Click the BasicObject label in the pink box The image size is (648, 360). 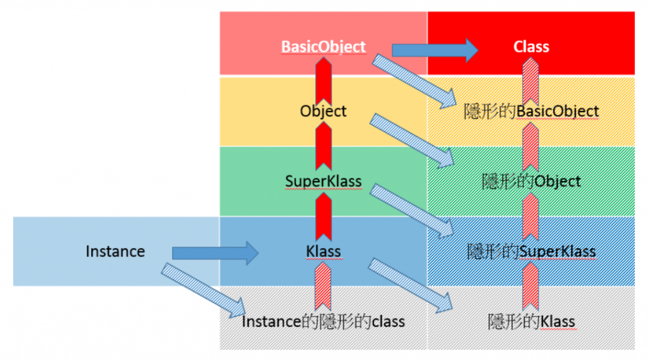[x=323, y=47]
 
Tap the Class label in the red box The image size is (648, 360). [x=531, y=47]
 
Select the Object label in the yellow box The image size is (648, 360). [x=323, y=111]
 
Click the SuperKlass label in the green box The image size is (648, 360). [x=323, y=181]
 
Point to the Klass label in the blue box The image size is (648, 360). [x=323, y=251]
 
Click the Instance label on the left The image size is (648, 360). [x=115, y=251]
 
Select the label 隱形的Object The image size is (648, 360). [x=531, y=182]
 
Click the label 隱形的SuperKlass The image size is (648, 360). [x=531, y=251]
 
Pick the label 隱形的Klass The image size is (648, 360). [x=531, y=321]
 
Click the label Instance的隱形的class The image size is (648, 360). [x=323, y=321]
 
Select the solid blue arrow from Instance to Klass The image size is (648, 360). [x=215, y=253]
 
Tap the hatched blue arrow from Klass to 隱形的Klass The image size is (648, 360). [x=411, y=284]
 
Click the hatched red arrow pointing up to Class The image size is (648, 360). [x=531, y=79]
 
